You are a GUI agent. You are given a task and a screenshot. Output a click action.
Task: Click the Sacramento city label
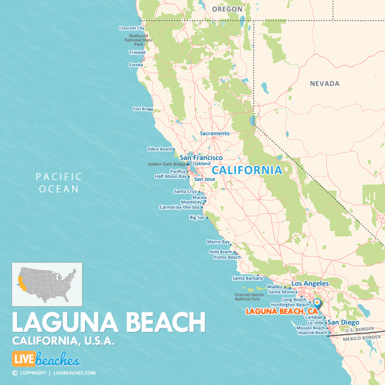215,133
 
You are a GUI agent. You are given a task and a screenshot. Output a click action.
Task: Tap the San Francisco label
201,157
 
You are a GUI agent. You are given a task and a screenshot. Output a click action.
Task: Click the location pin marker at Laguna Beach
317,303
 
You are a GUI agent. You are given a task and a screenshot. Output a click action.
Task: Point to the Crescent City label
132,28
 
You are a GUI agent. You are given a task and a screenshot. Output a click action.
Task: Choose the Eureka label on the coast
136,65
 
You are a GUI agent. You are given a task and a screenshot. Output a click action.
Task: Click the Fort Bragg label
143,108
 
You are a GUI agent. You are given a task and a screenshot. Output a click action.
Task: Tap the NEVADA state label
324,84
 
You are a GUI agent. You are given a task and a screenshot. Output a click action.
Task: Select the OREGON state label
227,10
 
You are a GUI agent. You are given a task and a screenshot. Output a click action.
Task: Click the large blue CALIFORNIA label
247,170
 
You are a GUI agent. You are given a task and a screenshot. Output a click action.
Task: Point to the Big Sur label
197,218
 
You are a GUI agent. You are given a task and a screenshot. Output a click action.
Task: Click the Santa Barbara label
244,278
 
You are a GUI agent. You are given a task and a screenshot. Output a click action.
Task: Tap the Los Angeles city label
310,283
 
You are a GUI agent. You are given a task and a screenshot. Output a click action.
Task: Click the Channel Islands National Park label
249,297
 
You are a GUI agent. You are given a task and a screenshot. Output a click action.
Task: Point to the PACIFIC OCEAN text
59,182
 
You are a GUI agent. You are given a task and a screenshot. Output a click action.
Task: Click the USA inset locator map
47,284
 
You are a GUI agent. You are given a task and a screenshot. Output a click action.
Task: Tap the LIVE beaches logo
46,359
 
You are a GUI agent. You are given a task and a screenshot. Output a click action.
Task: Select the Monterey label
190,202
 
